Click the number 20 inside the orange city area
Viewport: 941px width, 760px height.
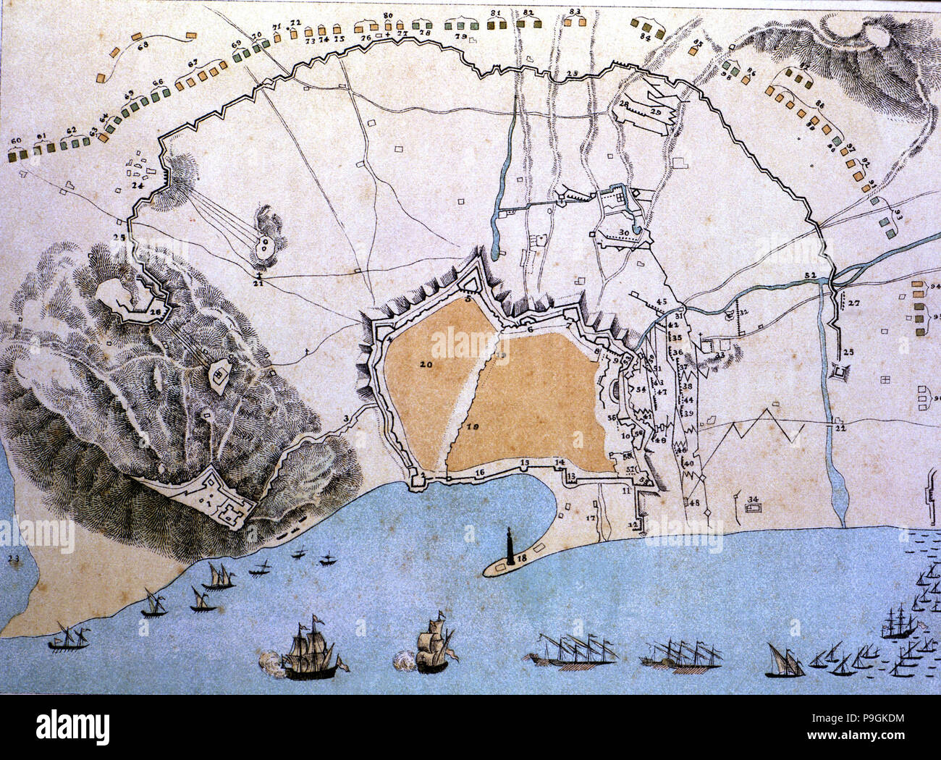pos(425,365)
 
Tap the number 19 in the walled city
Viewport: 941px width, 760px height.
pos(473,427)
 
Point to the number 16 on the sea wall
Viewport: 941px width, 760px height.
pos(479,473)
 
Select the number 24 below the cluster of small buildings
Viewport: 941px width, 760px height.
pos(138,185)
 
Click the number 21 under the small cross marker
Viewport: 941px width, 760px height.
pos(258,283)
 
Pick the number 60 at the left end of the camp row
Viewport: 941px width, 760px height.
pos(16,140)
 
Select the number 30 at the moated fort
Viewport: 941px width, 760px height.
pos(624,232)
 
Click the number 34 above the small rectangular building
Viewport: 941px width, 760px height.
pos(753,499)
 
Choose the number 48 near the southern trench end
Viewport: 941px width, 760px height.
pos(694,502)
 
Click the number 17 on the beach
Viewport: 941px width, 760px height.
pos(591,518)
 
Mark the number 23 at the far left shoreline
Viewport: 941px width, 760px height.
pos(13,558)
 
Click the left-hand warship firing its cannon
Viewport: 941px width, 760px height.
pos(309,651)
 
